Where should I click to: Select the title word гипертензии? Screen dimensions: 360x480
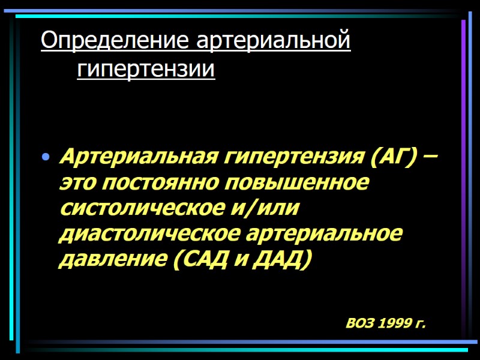click(146, 70)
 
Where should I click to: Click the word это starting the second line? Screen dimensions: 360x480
click(77, 183)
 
